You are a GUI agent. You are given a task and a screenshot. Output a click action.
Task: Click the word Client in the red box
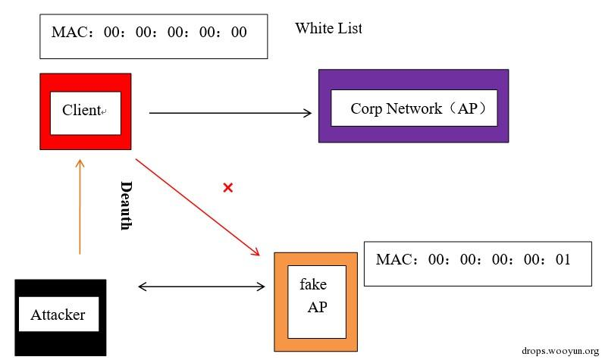(81, 110)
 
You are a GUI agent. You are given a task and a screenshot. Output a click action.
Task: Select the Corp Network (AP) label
(418, 108)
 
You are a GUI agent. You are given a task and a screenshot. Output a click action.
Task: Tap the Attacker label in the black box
(58, 315)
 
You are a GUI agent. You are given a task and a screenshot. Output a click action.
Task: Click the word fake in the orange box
(313, 284)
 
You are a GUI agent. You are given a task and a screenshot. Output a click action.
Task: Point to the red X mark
(228, 188)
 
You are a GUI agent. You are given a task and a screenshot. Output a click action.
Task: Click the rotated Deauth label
(127, 205)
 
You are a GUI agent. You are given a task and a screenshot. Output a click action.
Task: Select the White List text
(328, 28)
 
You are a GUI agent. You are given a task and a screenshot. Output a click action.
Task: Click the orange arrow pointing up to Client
(80, 207)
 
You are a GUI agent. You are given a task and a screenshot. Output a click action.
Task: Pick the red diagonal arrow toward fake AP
(198, 207)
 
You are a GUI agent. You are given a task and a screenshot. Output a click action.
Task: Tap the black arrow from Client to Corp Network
(230, 113)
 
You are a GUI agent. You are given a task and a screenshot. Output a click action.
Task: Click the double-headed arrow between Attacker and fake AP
(202, 286)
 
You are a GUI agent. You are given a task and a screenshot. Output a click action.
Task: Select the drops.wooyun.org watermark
(560, 351)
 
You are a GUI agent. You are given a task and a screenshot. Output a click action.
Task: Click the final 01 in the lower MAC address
(563, 259)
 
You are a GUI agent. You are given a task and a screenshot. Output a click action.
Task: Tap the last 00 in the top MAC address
(239, 32)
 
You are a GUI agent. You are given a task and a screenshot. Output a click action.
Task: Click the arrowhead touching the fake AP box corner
(256, 252)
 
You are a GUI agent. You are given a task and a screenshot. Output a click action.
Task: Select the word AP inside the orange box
(318, 307)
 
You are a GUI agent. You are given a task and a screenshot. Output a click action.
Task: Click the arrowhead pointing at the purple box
(308, 113)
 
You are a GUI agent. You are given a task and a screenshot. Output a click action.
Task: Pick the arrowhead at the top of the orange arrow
(80, 163)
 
